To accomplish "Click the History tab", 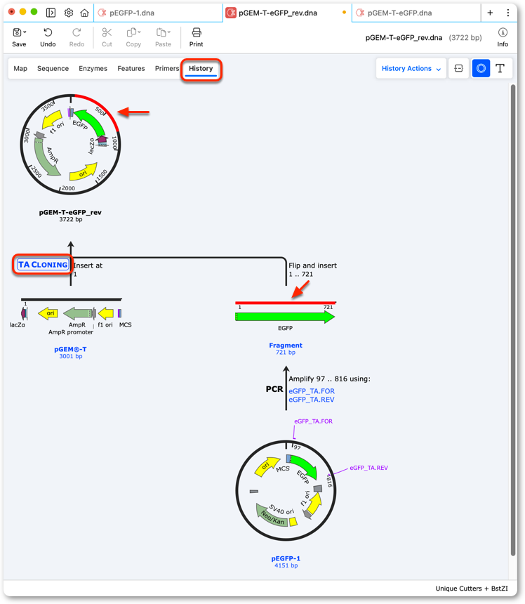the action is [x=201, y=69].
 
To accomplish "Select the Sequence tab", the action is [x=53, y=69].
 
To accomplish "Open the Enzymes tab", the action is [x=93, y=69].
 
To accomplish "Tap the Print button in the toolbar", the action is [x=196, y=37].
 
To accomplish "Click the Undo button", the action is [x=48, y=37].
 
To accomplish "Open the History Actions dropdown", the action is [x=411, y=69].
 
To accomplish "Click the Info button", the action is [x=503, y=37].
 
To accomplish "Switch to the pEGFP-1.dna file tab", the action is [x=132, y=13].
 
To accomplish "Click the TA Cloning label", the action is [x=43, y=265].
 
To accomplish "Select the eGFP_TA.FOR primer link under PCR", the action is [x=312, y=391].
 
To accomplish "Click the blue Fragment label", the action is [x=286, y=345].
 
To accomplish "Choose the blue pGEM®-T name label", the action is [x=70, y=349].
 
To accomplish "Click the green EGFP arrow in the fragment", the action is [x=285, y=317].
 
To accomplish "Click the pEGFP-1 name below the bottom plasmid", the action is [x=286, y=558].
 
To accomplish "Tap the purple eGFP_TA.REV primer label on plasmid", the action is [x=368, y=468].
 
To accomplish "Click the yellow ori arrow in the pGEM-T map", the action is [x=48, y=313].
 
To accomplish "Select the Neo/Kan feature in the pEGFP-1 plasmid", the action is [x=272, y=516].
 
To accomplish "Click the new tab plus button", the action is [x=490, y=13].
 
